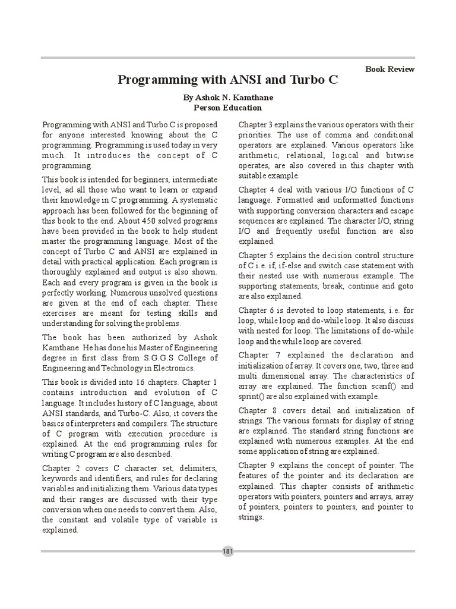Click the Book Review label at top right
tap(390, 69)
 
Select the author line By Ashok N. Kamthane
tap(228, 98)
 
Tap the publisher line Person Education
tap(227, 108)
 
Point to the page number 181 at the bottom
tap(228, 551)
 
